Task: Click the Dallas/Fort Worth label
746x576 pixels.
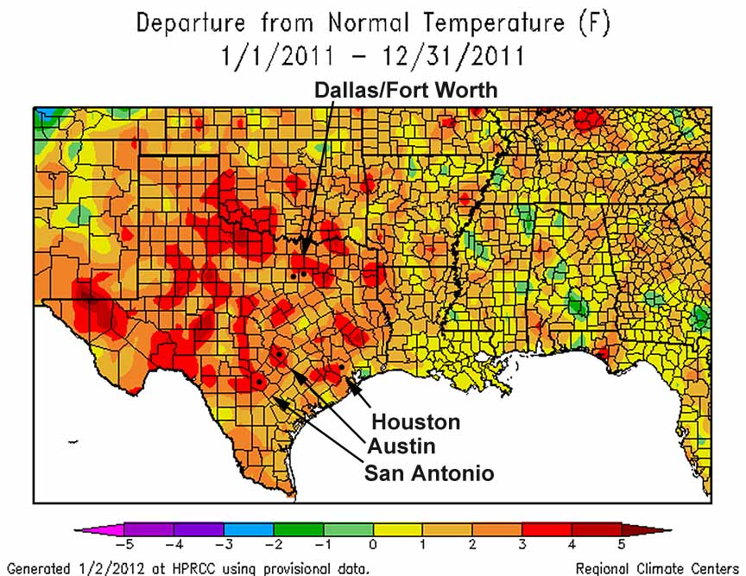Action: tap(405, 90)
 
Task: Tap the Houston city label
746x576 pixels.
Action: tap(415, 422)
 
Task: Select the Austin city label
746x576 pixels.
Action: tap(401, 446)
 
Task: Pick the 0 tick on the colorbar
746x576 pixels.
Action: tap(373, 545)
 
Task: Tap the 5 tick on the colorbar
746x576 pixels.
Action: tap(622, 545)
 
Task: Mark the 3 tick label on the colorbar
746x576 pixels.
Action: tap(522, 545)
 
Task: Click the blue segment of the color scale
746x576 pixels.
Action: tap(249, 529)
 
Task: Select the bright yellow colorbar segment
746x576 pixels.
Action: tap(398, 529)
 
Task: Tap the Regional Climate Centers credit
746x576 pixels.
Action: tap(657, 567)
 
